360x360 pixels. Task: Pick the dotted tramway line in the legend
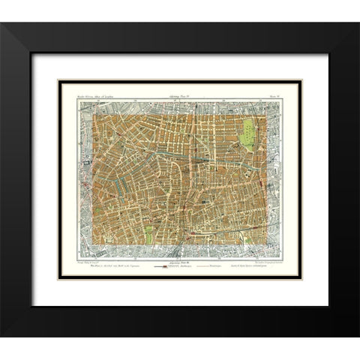[x=206, y=267]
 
